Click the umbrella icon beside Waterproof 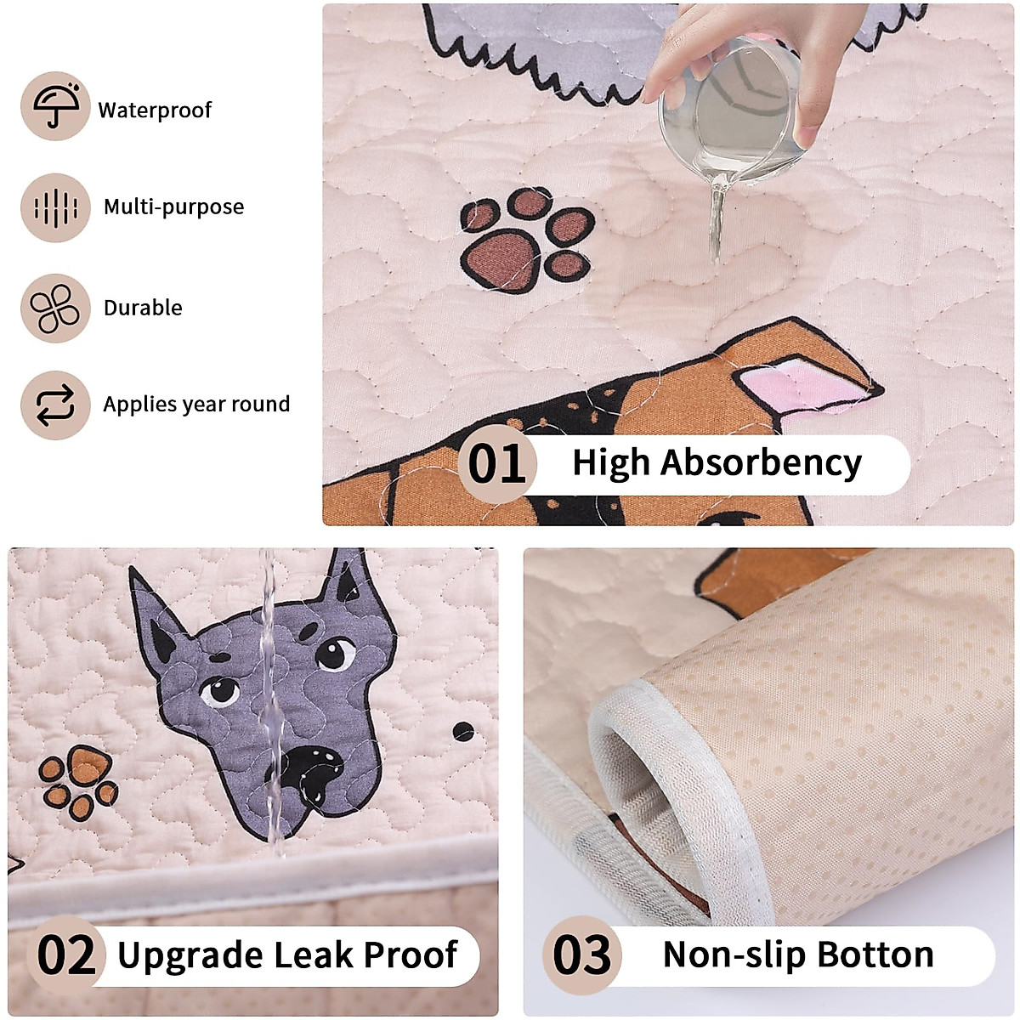coord(55,106)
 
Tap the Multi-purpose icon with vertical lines coord(55,207)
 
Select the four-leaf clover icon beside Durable coord(55,308)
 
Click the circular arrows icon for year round coord(55,405)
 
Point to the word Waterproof coord(155,110)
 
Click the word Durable coord(143,308)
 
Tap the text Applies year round coord(196,405)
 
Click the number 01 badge coord(496,464)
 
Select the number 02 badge coord(67,955)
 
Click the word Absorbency coord(762,463)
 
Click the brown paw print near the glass coord(527,239)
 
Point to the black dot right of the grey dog coord(463,731)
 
